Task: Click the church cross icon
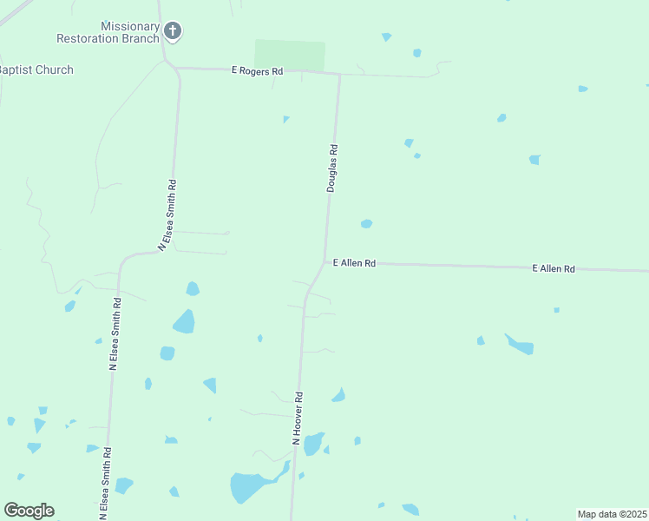[x=173, y=32]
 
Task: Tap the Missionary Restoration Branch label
[x=108, y=33]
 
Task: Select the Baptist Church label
[x=36, y=69]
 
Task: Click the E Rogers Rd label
[x=257, y=70]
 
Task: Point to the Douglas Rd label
[x=331, y=168]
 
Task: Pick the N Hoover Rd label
[x=298, y=419]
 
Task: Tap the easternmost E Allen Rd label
[x=554, y=269]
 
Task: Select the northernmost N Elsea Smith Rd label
[x=167, y=215]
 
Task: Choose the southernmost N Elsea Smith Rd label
[x=105, y=483]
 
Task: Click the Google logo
[x=29, y=511]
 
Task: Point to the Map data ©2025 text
[x=612, y=514]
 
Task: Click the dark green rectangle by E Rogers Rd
[x=290, y=56]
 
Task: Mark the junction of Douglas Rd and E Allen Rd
[x=325, y=261]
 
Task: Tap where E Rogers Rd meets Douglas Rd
[x=339, y=75]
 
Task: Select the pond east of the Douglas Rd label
[x=366, y=224]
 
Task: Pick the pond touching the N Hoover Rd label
[x=313, y=444]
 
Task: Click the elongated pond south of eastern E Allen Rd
[x=521, y=345]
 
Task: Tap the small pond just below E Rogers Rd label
[x=285, y=119]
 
